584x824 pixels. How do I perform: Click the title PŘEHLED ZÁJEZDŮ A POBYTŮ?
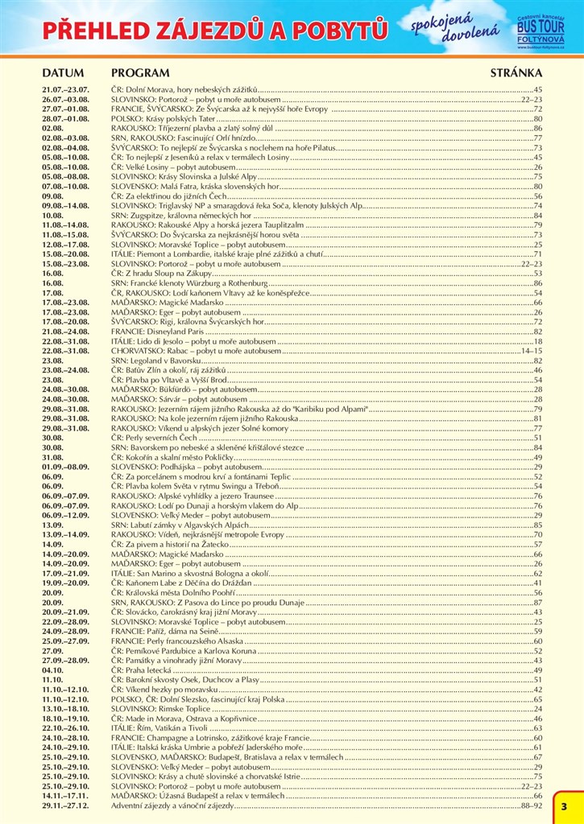click(215, 31)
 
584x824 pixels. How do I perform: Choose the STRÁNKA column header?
click(516, 72)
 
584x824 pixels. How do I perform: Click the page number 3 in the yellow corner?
click(565, 806)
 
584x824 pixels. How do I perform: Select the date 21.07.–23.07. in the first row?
click(65, 88)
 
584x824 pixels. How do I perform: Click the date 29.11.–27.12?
click(66, 805)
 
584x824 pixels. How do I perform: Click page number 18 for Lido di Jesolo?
click(538, 341)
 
